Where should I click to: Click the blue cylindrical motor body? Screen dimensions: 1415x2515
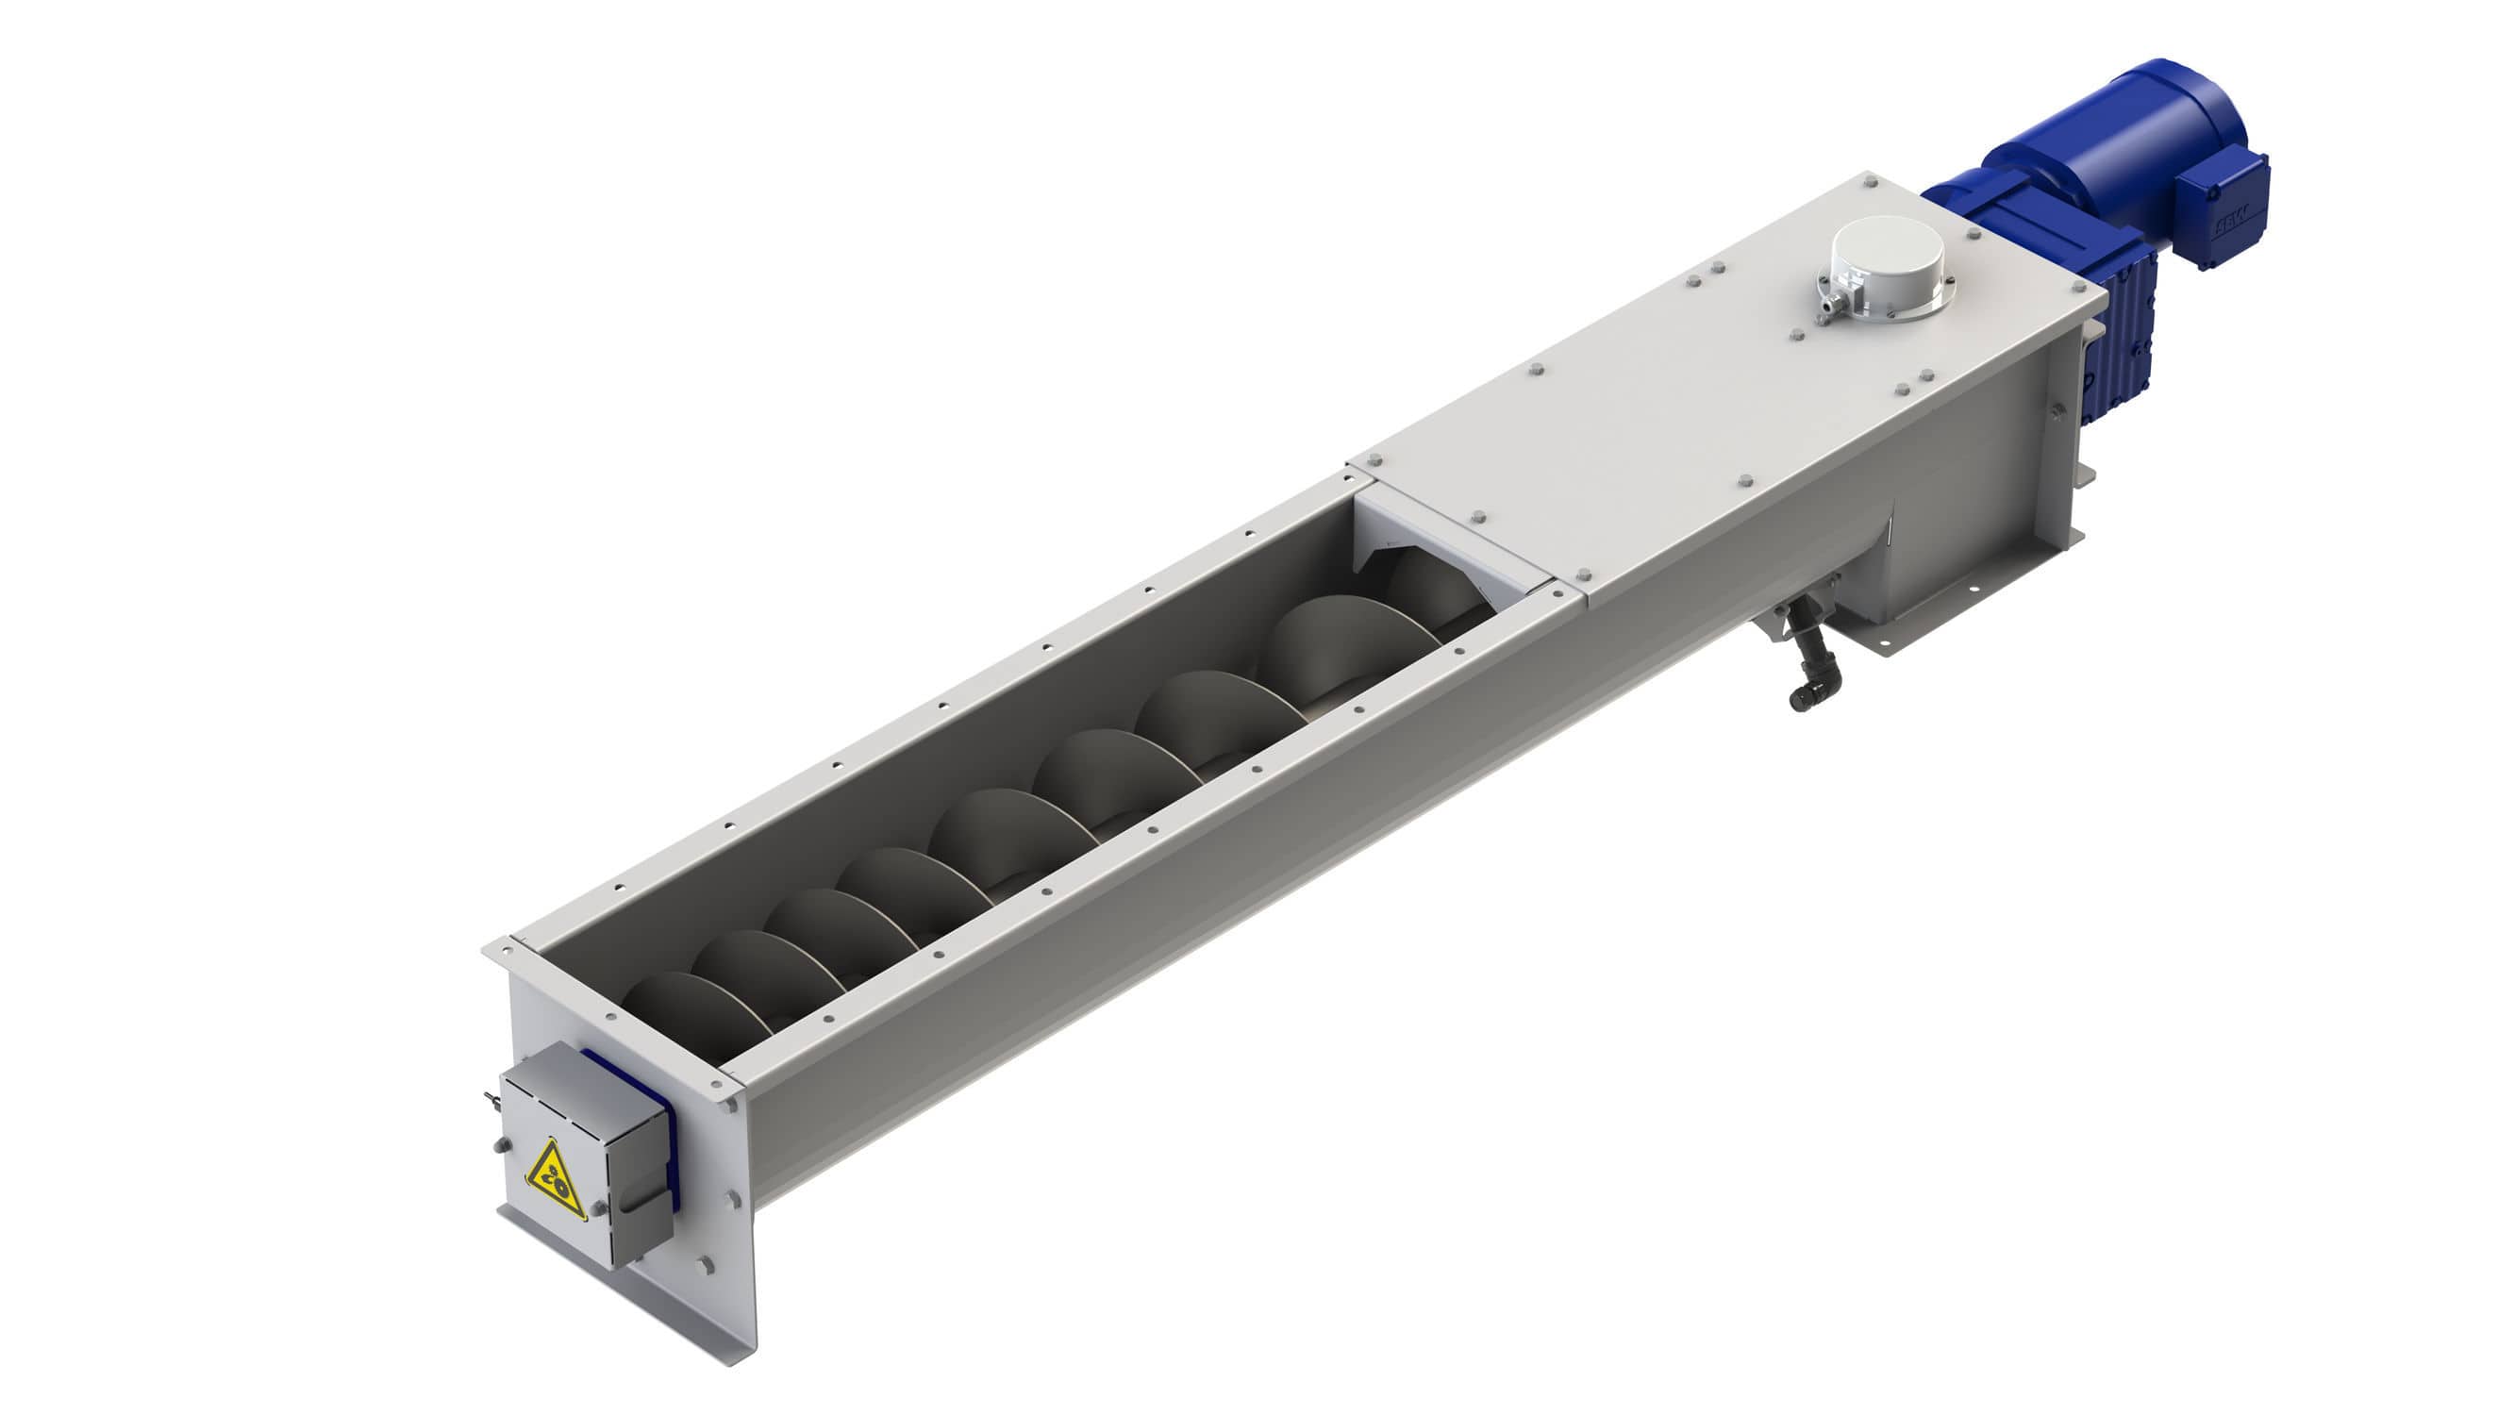point(2090,132)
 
